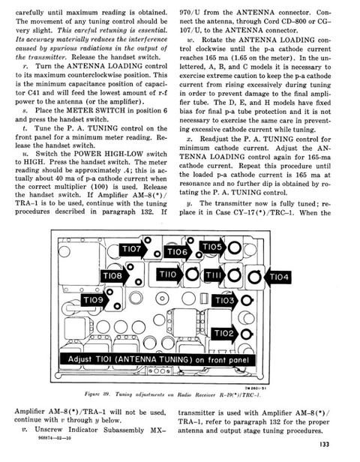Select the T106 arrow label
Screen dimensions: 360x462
(178, 252)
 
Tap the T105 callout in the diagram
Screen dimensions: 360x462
(213, 247)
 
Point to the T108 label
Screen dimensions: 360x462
(114, 276)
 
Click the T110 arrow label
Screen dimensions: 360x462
(169, 274)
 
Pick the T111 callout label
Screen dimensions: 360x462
(214, 275)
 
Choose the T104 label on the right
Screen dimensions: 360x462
(277, 277)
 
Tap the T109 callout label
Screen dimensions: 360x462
(94, 300)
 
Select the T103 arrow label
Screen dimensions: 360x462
(225, 301)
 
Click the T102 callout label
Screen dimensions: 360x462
(225, 333)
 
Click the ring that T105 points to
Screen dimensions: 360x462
(235, 247)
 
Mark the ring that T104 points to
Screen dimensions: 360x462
(254, 277)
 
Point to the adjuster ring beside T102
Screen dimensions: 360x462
(246, 334)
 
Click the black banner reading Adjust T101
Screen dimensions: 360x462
(157, 359)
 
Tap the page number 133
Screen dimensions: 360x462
(324, 444)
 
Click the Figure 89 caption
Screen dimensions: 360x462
(172, 394)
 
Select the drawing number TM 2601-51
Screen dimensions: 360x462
(256, 388)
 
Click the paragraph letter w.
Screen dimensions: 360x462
(190, 40)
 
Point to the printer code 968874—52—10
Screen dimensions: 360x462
(55, 438)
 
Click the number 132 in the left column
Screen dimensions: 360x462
(146, 211)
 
